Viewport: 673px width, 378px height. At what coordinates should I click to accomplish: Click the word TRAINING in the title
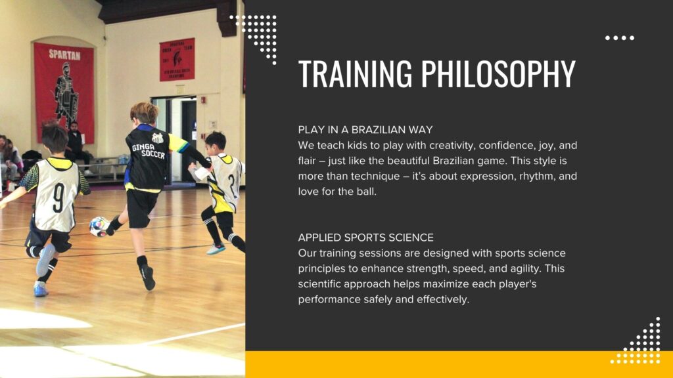(355, 73)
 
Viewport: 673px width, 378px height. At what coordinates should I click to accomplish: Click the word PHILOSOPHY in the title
(498, 73)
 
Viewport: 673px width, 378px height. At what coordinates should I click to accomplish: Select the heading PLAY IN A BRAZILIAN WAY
(365, 130)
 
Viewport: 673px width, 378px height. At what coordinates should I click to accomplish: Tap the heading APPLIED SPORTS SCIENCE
(365, 238)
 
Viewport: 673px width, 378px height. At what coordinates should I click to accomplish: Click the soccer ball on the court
(99, 226)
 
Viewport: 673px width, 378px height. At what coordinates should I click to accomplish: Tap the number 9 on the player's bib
(58, 198)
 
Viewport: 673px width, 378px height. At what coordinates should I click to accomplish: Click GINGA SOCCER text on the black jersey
(149, 150)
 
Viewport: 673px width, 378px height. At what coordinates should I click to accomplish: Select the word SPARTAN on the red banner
(64, 54)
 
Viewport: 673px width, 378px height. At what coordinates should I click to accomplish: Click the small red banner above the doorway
(177, 59)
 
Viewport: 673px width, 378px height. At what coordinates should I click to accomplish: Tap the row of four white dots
(620, 37)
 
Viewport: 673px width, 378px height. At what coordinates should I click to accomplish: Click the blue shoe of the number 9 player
(40, 289)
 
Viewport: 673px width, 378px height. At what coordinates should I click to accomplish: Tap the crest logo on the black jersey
(158, 138)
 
